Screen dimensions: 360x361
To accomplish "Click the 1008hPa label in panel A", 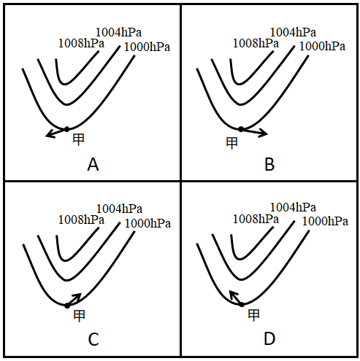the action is pyautogui.click(x=81, y=44).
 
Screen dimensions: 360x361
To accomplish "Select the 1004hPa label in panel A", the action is pyautogui.click(x=118, y=32).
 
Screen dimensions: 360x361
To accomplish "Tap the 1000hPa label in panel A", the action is pyautogui.click(x=147, y=47).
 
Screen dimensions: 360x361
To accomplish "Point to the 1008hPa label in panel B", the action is pyautogui.click(x=256, y=44).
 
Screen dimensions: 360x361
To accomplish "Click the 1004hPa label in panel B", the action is pyautogui.click(x=293, y=32).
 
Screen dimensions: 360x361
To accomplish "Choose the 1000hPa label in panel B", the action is pyautogui.click(x=322, y=47).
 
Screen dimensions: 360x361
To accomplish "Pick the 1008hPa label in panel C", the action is pyautogui.click(x=81, y=220).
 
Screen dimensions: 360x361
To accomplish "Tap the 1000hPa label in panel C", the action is pyautogui.click(x=148, y=224).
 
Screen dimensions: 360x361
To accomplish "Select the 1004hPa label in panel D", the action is pyautogui.click(x=293, y=208).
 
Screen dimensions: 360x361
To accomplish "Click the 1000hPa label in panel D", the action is pyautogui.click(x=325, y=222).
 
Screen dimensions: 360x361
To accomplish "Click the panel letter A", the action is pyautogui.click(x=93, y=165).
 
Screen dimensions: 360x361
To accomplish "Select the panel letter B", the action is pyautogui.click(x=269, y=165).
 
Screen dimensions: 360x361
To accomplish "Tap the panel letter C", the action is pyautogui.click(x=93, y=339).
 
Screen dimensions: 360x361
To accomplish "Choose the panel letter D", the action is pyautogui.click(x=269, y=339).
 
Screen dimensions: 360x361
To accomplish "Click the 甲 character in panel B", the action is pyautogui.click(x=231, y=143).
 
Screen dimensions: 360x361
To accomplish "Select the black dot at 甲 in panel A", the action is pyautogui.click(x=66, y=129).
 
